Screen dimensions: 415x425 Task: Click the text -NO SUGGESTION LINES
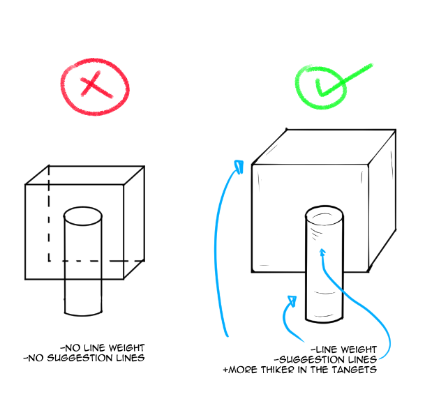click(x=84, y=358)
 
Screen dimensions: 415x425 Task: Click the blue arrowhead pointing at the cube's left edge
click(x=238, y=167)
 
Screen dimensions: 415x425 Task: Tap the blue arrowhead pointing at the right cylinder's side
click(x=293, y=301)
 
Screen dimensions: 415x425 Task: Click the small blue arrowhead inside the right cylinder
click(x=322, y=250)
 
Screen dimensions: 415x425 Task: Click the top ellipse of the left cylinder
click(x=83, y=215)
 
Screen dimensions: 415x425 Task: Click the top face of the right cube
click(x=328, y=149)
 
